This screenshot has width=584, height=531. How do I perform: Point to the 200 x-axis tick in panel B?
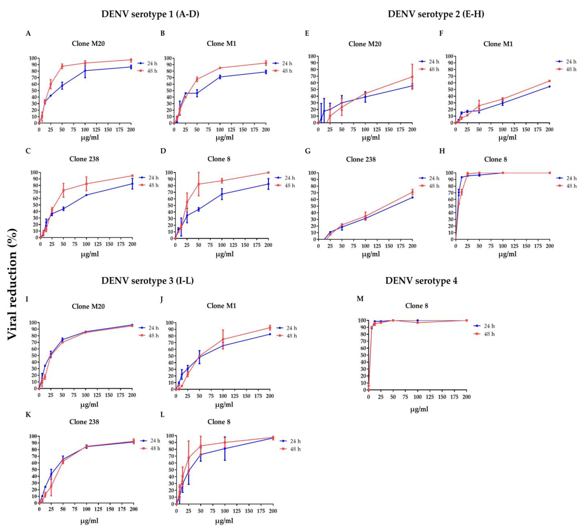pos(266,130)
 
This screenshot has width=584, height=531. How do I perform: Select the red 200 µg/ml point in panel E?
pos(412,77)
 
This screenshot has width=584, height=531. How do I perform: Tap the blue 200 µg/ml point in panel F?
pos(549,86)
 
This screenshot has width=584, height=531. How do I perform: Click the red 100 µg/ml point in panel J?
pos(223,339)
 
